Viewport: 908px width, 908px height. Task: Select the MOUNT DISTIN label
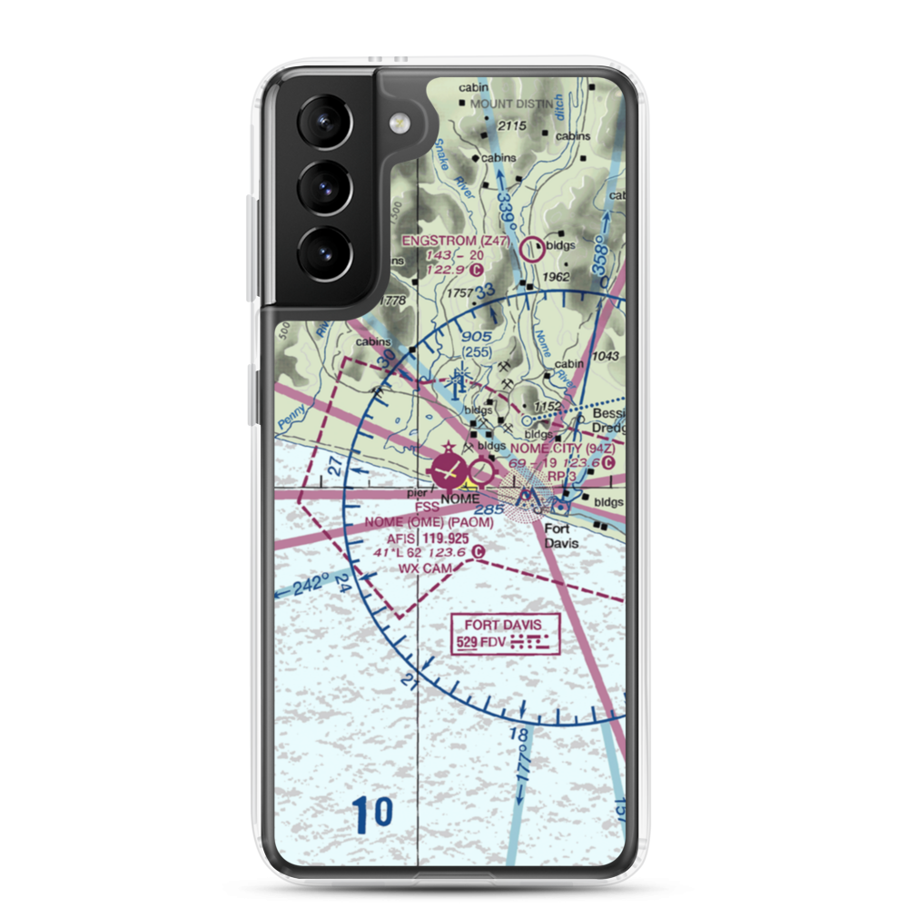coord(510,104)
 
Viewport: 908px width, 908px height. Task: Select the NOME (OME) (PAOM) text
coord(429,523)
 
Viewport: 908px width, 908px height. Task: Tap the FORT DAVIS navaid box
coord(506,634)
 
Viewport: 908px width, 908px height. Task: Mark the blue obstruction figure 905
coord(476,335)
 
